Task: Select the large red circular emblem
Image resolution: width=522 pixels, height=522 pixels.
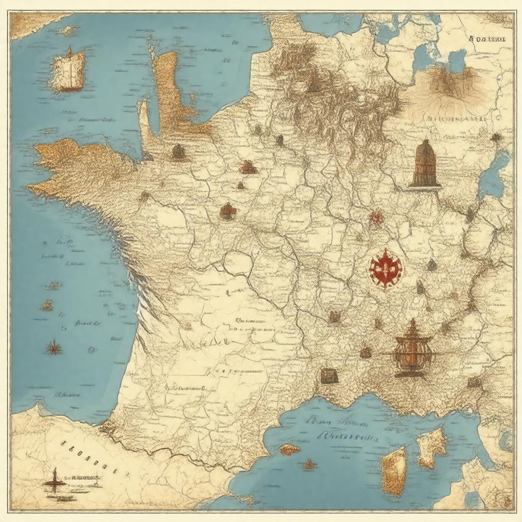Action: pos(385,269)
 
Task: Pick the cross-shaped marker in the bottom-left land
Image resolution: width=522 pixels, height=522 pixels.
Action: pos(54,479)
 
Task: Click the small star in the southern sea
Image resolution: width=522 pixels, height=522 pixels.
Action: pos(309,464)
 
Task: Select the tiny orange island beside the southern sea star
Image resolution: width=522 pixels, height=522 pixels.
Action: pos(289,449)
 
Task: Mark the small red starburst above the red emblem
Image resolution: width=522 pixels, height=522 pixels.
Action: pos(376,218)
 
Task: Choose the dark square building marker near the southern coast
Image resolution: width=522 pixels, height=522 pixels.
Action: pos(329,376)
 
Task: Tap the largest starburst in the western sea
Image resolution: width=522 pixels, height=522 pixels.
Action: pos(53,348)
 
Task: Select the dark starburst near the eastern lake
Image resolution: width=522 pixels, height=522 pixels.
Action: pos(495,138)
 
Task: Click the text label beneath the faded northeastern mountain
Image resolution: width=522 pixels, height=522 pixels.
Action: pos(456,119)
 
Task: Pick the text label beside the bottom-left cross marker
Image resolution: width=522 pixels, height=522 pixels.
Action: pos(85,478)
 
